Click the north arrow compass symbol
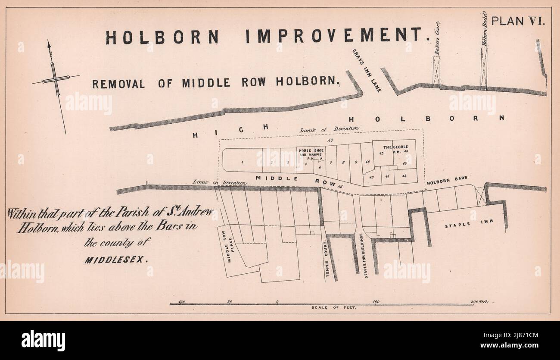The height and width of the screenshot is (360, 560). coord(55,81)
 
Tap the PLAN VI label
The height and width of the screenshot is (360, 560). coord(518,21)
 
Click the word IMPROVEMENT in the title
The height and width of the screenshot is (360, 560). coord(337,37)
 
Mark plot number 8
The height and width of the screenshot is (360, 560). coord(343,162)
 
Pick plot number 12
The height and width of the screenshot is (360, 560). coord(404,177)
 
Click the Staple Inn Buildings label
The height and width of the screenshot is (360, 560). coord(367,257)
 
